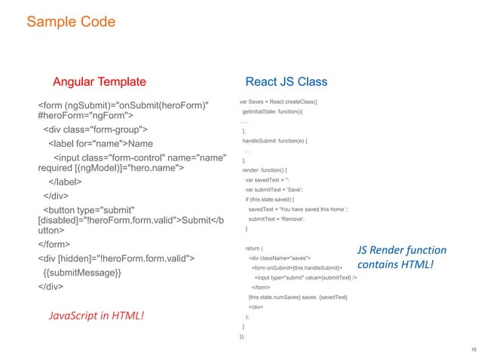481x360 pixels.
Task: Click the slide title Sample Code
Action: pos(71,22)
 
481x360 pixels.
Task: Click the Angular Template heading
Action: pos(99,81)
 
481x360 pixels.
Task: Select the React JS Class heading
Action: pos(286,81)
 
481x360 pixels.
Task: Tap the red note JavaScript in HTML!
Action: pos(96,315)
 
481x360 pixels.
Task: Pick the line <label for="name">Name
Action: pos(101,143)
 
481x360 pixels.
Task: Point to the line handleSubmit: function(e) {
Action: pos(280,141)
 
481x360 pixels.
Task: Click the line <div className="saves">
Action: pos(283,258)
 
